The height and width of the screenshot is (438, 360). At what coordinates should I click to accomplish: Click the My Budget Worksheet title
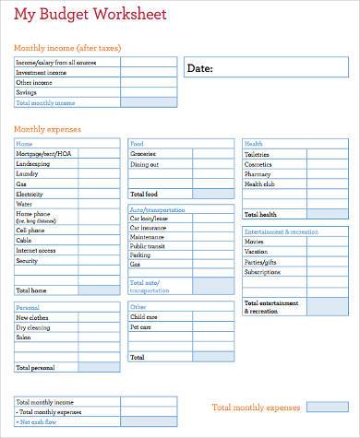(x=90, y=16)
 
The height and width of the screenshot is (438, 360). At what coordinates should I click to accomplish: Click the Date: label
(x=200, y=68)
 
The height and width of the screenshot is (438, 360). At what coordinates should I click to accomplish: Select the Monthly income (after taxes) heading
(x=67, y=48)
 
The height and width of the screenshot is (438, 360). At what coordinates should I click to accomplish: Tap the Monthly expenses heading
(x=48, y=129)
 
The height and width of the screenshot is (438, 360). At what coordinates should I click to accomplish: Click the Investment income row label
(x=42, y=72)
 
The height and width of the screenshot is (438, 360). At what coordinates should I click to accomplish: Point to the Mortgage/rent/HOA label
(x=43, y=154)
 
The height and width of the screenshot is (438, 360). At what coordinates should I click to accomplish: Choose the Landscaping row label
(x=35, y=164)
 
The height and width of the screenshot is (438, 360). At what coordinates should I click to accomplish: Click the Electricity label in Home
(x=30, y=195)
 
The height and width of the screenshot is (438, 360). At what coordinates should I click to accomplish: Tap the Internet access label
(x=36, y=250)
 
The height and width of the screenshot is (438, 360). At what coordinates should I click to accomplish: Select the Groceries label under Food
(x=143, y=154)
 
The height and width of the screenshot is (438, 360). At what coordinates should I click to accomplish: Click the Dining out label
(x=144, y=164)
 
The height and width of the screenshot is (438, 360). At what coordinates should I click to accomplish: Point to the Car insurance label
(x=148, y=227)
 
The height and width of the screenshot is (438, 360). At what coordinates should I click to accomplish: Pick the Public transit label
(x=148, y=246)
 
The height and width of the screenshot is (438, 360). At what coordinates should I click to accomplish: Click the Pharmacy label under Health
(x=258, y=174)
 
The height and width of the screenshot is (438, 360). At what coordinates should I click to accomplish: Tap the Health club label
(x=259, y=184)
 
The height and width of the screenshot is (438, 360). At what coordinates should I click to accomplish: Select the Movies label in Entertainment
(x=255, y=241)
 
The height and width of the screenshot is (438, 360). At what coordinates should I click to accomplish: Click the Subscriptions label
(x=262, y=272)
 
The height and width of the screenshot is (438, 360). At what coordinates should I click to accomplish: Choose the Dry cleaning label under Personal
(x=33, y=327)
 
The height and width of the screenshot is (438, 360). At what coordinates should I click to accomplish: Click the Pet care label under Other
(x=140, y=327)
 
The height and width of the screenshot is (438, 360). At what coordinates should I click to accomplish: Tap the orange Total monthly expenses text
(x=256, y=407)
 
